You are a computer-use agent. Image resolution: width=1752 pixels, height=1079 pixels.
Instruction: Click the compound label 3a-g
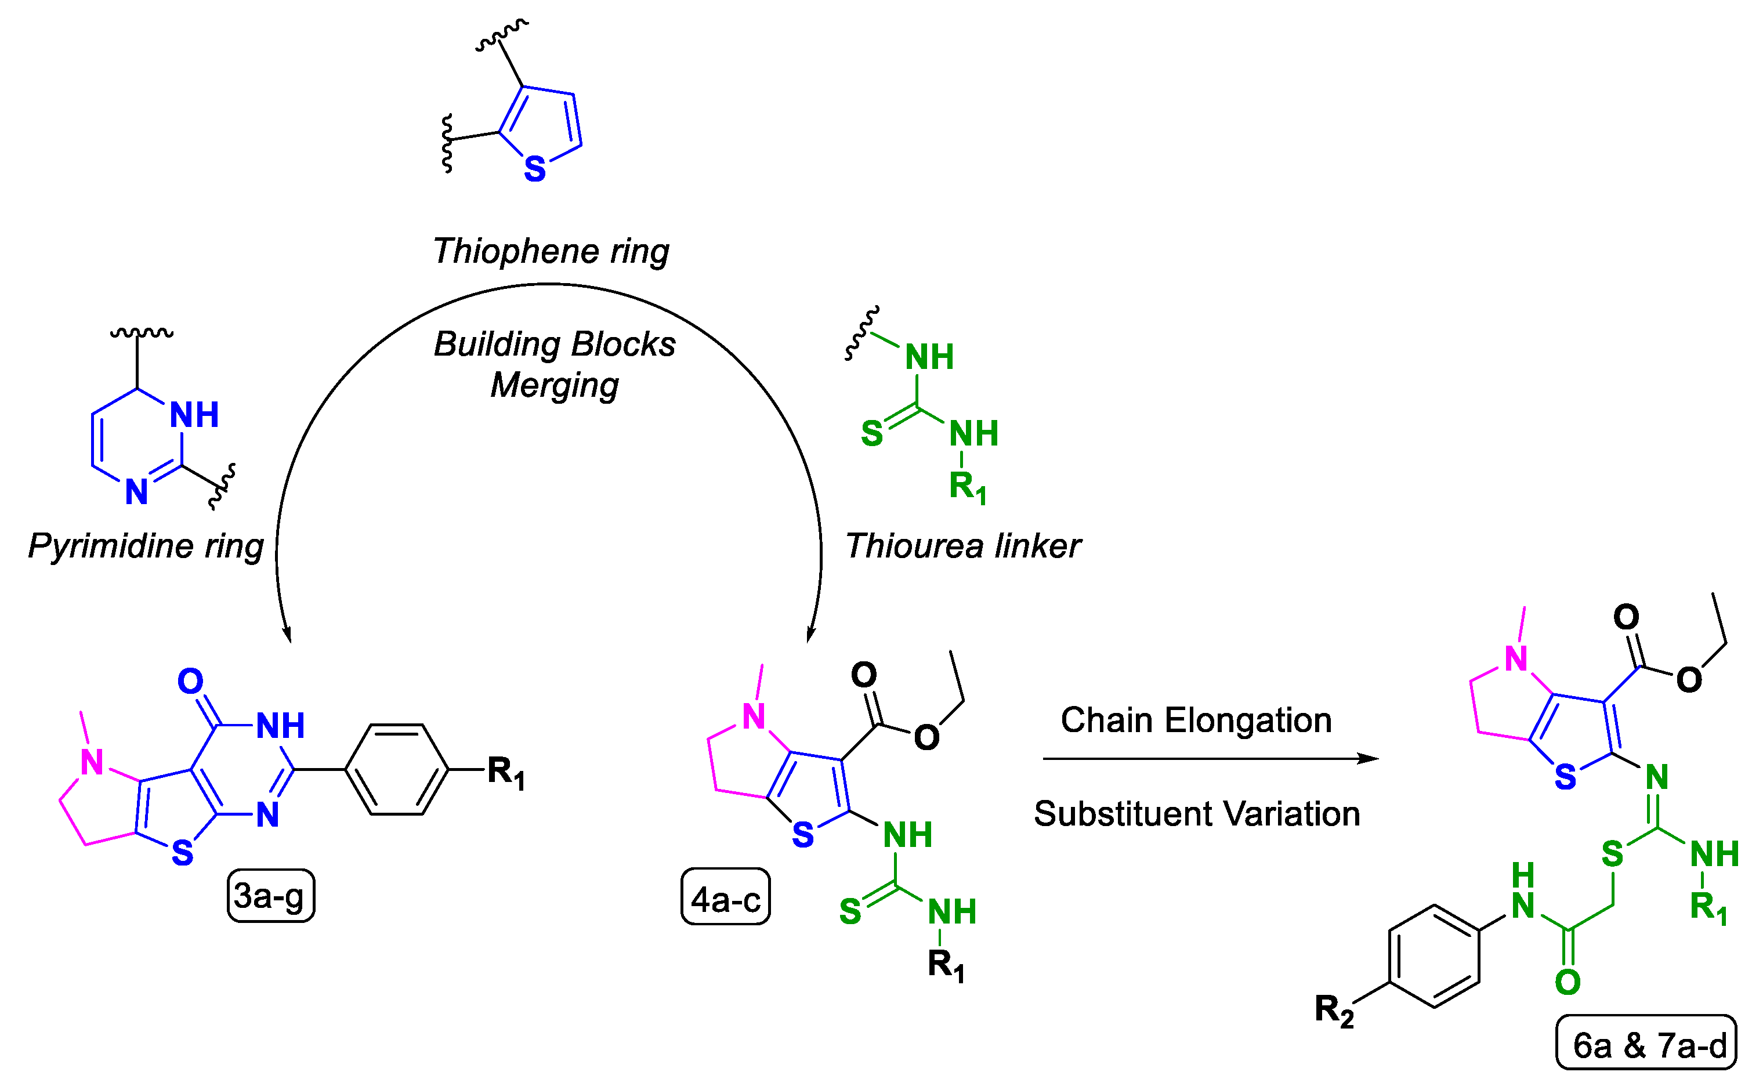270,896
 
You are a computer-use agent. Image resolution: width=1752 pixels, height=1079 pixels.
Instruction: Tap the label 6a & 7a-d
1646,1045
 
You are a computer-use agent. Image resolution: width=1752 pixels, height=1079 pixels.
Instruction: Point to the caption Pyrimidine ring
146,546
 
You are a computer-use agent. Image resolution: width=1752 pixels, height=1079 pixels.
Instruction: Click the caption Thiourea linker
962,546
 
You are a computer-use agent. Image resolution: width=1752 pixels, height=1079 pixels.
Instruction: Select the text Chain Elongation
1196,720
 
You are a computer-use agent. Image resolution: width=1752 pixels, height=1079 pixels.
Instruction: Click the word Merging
555,385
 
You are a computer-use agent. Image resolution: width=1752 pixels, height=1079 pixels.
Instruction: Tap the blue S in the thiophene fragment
534,169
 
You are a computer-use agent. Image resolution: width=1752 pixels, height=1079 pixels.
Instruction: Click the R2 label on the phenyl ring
1334,1011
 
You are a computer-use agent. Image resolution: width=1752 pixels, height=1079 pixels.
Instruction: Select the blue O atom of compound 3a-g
190,682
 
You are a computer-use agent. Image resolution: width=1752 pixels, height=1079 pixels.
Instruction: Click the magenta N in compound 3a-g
92,762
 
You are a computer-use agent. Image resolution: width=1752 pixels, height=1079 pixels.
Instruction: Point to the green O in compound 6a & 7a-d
1568,983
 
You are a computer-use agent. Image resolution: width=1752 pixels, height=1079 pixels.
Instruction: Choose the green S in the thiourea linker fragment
871,434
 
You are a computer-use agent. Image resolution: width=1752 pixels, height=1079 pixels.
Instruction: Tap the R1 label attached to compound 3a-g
506,772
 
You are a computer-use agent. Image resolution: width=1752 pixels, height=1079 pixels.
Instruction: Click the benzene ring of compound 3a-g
397,769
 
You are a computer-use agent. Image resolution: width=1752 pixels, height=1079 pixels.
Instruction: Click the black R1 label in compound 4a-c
946,965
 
